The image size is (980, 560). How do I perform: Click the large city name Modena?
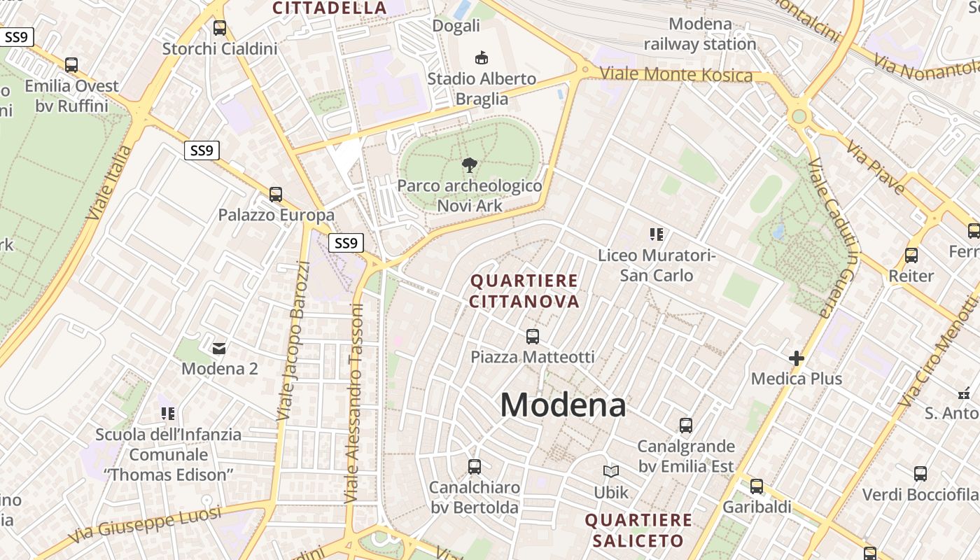coord(563,405)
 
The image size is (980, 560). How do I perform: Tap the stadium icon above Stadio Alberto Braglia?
coord(481,57)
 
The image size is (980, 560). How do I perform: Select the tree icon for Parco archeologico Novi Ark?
coord(470,166)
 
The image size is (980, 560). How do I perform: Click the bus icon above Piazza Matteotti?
coord(533,337)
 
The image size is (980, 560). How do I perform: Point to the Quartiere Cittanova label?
coord(524,291)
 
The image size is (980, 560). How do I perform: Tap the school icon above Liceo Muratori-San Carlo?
coord(656,234)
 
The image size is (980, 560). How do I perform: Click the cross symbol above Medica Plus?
coord(796,359)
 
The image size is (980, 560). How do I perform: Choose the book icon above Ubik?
coord(611,472)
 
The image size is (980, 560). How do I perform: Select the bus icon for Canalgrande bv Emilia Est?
coord(686,426)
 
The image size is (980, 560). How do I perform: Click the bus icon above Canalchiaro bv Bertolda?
coord(475,466)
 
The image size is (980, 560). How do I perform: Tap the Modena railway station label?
coord(700,34)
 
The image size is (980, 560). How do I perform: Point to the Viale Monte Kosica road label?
coord(676,74)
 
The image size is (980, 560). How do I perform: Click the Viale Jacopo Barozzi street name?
coord(293,341)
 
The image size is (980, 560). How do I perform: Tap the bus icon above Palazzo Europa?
coord(276,195)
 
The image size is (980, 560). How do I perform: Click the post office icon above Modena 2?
coord(219,347)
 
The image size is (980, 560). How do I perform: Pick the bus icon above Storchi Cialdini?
coord(220,28)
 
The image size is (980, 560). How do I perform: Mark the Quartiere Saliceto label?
coord(638,531)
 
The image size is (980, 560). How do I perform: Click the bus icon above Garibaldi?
coord(757,486)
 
